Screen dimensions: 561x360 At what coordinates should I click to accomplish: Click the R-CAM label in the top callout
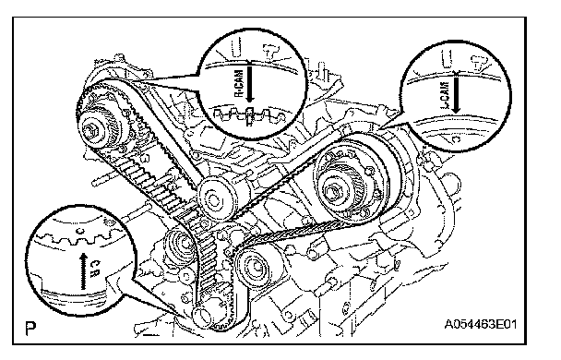tap(239, 84)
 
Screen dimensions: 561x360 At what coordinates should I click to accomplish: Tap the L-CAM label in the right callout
tap(446, 95)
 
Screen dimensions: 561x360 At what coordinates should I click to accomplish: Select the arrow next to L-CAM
tap(456, 94)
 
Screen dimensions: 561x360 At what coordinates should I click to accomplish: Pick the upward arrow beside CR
tap(83, 270)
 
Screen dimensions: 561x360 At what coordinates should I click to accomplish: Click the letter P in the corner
tap(30, 328)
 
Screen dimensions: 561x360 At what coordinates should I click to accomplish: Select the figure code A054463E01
tap(481, 325)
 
